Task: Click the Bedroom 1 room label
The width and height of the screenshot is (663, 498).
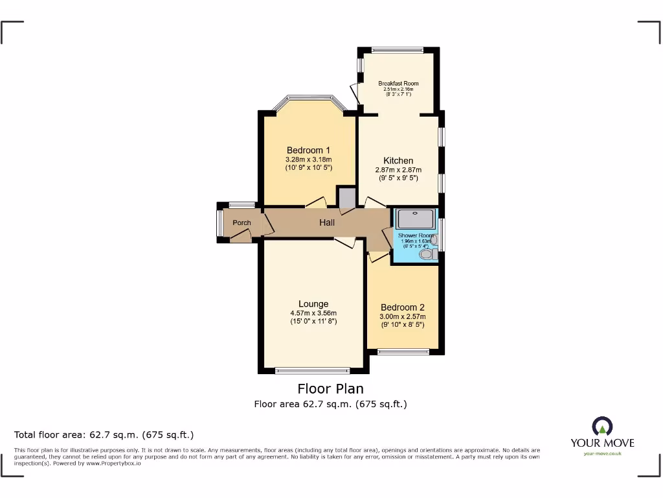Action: point(308,150)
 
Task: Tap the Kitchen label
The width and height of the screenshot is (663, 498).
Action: point(398,161)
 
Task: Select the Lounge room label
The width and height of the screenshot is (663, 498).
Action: point(313,303)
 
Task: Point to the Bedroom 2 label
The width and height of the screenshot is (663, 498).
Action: point(403,307)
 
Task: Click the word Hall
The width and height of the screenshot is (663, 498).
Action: point(327,222)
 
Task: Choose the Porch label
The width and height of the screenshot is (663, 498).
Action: point(242,222)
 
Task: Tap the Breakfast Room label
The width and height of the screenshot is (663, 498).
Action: point(398,84)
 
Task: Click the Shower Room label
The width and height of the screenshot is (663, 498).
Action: point(415,235)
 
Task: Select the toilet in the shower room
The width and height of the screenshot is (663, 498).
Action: point(427,255)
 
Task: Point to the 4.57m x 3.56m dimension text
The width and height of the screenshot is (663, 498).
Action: point(313,313)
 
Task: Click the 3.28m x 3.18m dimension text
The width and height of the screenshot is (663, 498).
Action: point(308,160)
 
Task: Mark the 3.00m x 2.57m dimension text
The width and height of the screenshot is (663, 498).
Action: point(403,316)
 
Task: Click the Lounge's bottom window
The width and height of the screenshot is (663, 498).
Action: point(313,371)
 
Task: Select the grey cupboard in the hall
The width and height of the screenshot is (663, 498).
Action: point(346,198)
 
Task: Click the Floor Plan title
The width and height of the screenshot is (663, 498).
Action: point(330,389)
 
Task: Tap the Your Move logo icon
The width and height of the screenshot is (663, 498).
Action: point(602,427)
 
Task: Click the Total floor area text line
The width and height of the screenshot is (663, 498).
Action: point(104,434)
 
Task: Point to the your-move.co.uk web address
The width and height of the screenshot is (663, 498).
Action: point(602,454)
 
